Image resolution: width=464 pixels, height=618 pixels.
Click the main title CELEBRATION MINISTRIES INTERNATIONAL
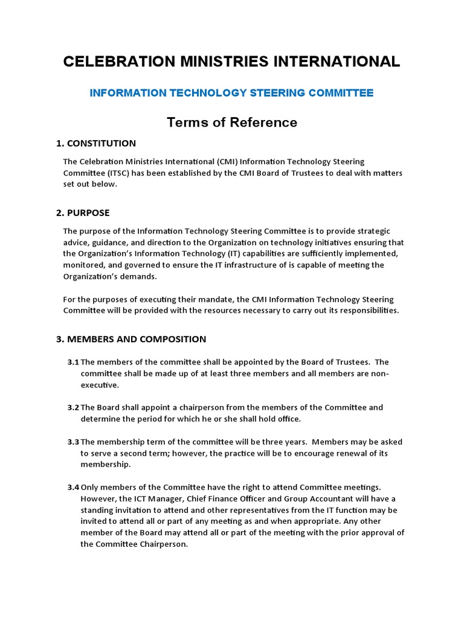[231, 62]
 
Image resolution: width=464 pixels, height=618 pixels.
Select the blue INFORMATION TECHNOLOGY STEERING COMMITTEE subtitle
[231, 93]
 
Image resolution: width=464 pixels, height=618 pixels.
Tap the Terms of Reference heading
[232, 123]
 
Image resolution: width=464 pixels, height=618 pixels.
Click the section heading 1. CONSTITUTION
[96, 144]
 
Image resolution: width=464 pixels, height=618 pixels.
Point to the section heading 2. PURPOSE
[83, 213]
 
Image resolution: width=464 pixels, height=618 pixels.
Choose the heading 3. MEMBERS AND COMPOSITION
[131, 339]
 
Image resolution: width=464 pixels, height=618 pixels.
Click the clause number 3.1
[73, 362]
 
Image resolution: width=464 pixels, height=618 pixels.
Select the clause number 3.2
[73, 407]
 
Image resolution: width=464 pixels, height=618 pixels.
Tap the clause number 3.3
[73, 442]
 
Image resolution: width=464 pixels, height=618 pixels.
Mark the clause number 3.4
[73, 487]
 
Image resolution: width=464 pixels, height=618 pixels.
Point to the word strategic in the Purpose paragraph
[370, 231]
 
